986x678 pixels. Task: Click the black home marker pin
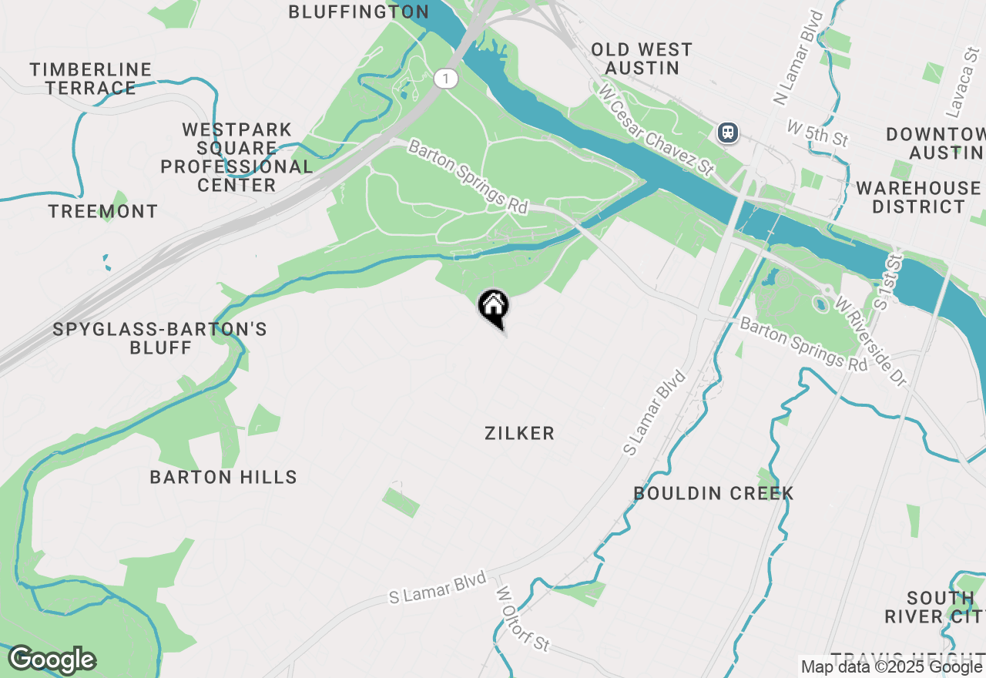pos(493,307)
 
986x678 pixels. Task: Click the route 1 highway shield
pos(445,78)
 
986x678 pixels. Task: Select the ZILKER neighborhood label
pos(519,434)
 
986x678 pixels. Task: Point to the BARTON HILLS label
pos(223,477)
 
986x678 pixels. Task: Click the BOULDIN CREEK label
pos(713,493)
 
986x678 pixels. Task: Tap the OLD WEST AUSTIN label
pos(642,59)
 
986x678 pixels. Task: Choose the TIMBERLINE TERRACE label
pos(91,79)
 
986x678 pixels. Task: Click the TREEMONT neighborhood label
pos(103,211)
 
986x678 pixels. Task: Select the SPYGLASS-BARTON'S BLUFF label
pos(160,338)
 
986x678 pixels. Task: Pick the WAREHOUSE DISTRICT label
pos(918,197)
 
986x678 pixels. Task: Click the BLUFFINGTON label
pos(358,12)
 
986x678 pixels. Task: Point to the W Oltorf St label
pos(523,619)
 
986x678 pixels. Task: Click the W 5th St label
pos(817,133)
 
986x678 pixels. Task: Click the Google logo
pos(52,660)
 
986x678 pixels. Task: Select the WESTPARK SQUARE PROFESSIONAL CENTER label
pos(236,157)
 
